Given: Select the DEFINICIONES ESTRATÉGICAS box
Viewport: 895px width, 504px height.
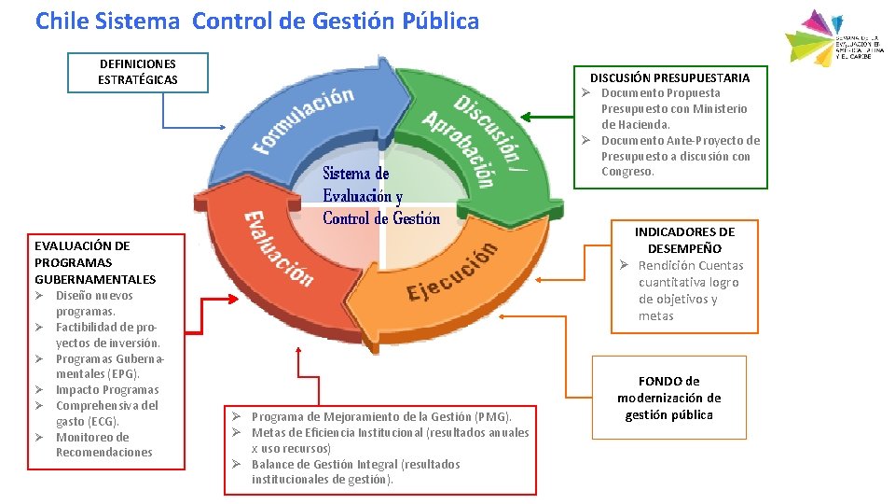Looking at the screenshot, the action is [138, 72].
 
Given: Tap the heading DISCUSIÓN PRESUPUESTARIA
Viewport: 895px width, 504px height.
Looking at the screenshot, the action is [669, 77].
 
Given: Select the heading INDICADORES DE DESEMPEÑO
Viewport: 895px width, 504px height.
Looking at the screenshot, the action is [684, 240].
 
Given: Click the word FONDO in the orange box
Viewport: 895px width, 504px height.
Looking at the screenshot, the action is [657, 381].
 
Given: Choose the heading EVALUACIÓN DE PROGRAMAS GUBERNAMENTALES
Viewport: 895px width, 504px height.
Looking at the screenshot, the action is [94, 262].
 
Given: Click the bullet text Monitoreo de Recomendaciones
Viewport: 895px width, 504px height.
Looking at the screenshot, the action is [103, 444].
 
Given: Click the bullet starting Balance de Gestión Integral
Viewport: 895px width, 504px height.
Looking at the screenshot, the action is [354, 471].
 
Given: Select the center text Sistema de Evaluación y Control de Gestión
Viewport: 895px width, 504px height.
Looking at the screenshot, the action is [380, 196].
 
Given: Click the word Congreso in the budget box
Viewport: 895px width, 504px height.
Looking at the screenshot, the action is [627, 172].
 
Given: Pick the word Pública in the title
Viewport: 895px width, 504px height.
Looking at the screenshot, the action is [438, 21].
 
